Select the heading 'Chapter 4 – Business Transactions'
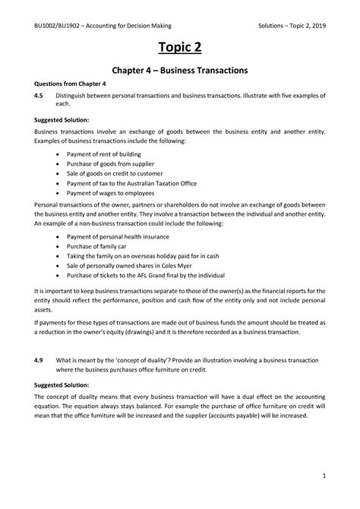pos(179,70)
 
